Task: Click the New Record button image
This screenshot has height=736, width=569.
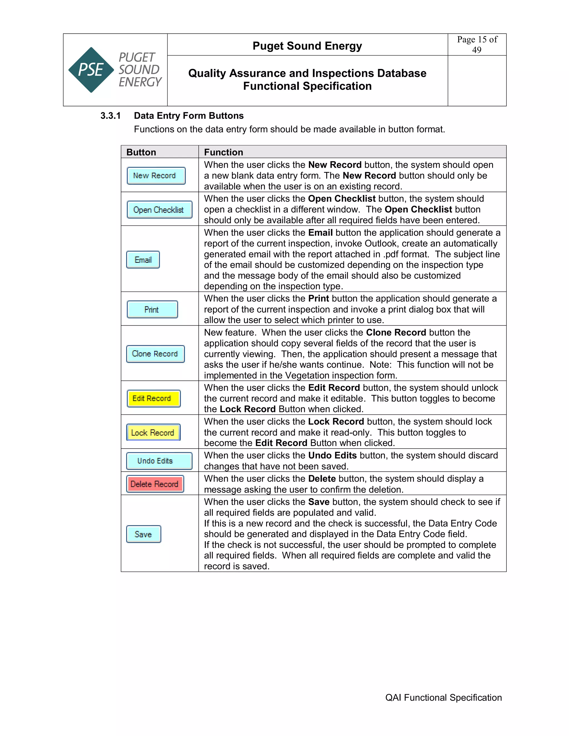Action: (x=156, y=176)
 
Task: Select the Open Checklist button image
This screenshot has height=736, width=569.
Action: (x=159, y=210)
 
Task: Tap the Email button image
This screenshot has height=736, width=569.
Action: (x=143, y=260)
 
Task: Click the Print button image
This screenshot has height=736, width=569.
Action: (x=152, y=309)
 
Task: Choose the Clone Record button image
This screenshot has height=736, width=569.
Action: (x=155, y=354)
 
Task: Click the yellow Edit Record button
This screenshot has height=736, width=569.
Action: (x=154, y=398)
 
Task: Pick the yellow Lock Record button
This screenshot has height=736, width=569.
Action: (x=153, y=432)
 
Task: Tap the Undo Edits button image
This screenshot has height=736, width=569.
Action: (x=159, y=461)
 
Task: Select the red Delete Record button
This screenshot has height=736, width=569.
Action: (x=155, y=484)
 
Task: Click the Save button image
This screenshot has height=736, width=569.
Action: (x=144, y=534)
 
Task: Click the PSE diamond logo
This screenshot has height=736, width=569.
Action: (x=91, y=70)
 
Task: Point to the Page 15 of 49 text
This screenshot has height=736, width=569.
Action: (x=477, y=44)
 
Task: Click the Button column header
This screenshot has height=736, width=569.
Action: (x=141, y=152)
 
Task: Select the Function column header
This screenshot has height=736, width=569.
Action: (x=223, y=152)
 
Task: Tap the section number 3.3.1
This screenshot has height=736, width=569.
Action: (x=111, y=116)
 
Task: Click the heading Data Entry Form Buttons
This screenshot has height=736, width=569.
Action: (x=189, y=116)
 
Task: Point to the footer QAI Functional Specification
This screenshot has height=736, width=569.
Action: (x=443, y=698)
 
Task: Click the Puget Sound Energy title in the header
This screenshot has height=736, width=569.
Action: (x=307, y=46)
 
